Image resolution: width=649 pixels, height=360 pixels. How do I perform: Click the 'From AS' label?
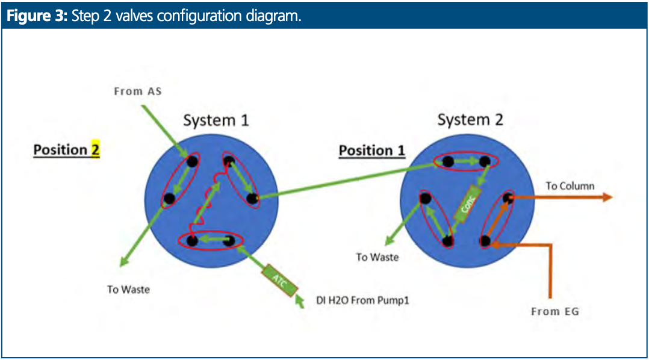point(138,92)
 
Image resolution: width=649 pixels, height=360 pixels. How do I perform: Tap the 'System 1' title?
point(216,120)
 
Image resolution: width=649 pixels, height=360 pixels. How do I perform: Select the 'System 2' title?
point(470,120)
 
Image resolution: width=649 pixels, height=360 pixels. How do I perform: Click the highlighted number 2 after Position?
point(95,149)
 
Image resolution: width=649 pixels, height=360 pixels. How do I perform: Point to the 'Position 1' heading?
point(371,151)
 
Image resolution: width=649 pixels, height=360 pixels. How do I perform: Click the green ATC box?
point(280,281)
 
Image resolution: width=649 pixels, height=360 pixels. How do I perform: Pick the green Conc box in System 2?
point(467,203)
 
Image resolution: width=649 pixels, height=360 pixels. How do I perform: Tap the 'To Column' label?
point(570,186)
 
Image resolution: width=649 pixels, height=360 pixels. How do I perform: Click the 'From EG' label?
point(555,312)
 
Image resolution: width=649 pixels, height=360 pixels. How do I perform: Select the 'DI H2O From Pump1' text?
point(362,300)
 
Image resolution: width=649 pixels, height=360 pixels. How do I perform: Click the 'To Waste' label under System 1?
point(128,290)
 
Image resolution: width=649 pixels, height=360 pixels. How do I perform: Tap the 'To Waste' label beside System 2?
point(377,258)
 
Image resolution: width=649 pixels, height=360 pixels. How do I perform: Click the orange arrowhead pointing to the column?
point(607,197)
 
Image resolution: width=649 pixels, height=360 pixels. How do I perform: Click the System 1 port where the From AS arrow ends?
point(192,161)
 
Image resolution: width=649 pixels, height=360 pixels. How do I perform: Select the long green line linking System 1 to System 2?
point(348,181)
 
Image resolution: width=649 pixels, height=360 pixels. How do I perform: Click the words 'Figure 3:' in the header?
point(37,16)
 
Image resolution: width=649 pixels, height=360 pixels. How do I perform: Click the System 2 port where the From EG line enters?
point(485,241)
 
